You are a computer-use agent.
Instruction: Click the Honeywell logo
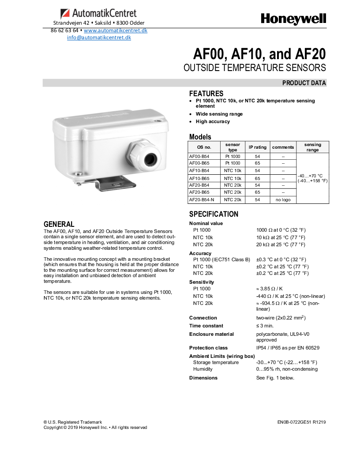pyautogui.click(x=293, y=19)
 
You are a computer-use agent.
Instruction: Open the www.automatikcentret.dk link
pyautogui.click(x=115, y=30)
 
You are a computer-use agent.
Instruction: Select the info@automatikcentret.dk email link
pyautogui.click(x=99, y=38)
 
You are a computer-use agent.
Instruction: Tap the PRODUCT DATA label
pyautogui.click(x=304, y=83)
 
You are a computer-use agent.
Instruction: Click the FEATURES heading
pyautogui.click(x=206, y=94)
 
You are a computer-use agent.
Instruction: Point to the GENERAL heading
pyautogui.click(x=59, y=224)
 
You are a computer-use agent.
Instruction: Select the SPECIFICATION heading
pyautogui.click(x=214, y=214)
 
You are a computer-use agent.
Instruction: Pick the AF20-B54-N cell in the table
pyautogui.click(x=199, y=199)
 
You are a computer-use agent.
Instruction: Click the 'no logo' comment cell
pyautogui.click(x=283, y=199)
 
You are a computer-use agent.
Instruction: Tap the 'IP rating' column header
pyautogui.click(x=258, y=147)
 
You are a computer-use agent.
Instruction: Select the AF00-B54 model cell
pyautogui.click(x=199, y=156)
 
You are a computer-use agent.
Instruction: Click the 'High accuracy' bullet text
pyautogui.click(x=213, y=121)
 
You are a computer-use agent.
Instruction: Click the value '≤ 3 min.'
pyautogui.click(x=265, y=326)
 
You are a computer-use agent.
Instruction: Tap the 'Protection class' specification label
pyautogui.click(x=208, y=348)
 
